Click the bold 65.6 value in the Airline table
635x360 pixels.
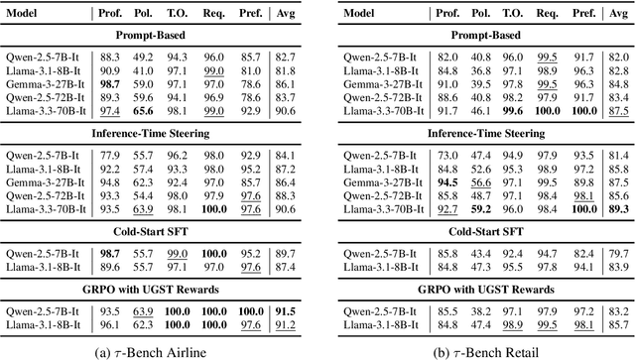coord(145,112)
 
